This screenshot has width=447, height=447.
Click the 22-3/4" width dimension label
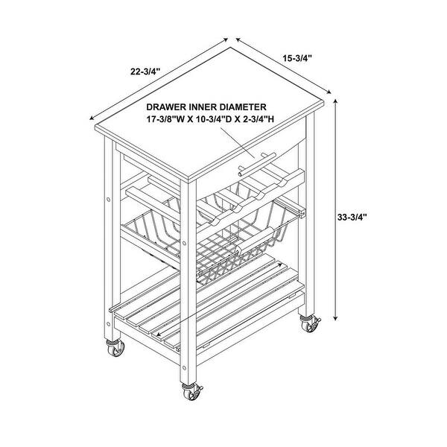(x=145, y=72)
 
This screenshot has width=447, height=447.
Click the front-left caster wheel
(x=115, y=349)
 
